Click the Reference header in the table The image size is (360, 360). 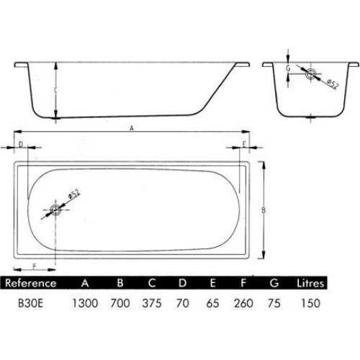(x=31, y=283)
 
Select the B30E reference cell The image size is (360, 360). (x=30, y=303)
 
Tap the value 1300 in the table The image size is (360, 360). (x=85, y=303)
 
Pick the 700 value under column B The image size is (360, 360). (x=120, y=303)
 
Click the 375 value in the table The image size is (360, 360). (x=152, y=303)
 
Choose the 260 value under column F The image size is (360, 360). (x=243, y=303)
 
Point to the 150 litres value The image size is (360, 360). (x=311, y=303)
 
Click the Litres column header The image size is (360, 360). (x=310, y=283)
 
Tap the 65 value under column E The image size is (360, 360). (x=212, y=303)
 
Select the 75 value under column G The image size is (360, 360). (x=274, y=303)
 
